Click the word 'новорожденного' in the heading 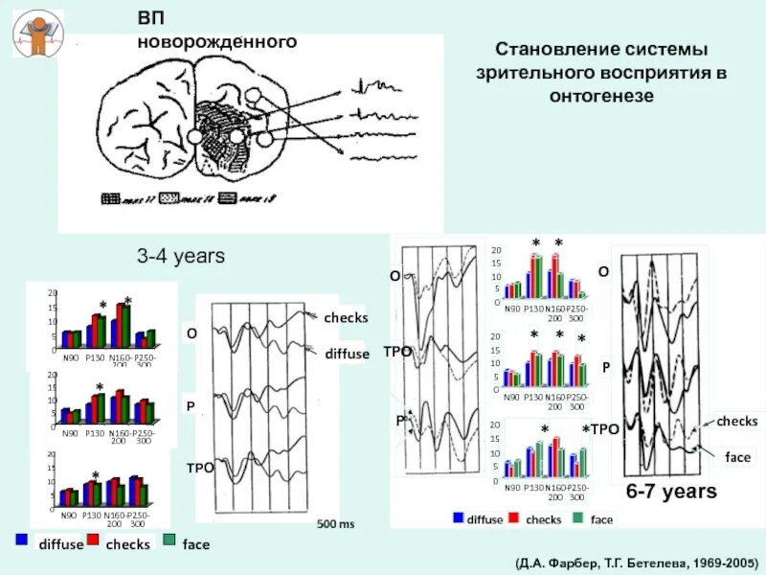216,42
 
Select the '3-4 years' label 180,257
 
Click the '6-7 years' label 671,492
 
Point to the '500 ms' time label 335,525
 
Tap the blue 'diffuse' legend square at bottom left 21,540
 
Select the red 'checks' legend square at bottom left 94,540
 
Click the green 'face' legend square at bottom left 169,540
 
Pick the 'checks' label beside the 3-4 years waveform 346,318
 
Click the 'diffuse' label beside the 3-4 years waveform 346,354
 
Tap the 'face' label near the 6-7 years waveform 737,457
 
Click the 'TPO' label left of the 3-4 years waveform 198,467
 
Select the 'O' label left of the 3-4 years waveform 191,333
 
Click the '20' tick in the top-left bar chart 53,293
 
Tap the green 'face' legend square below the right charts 577,518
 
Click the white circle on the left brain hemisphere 195,137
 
